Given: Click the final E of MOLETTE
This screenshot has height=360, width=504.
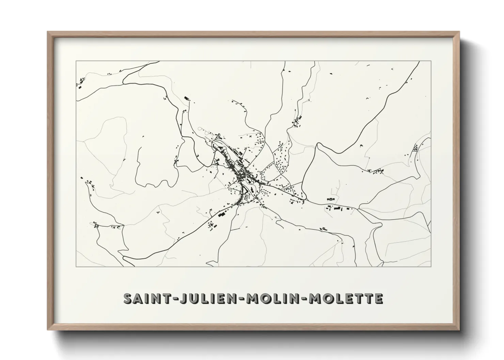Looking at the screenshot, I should [x=379, y=298].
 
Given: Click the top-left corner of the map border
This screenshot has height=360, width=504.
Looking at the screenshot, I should [x=76, y=61].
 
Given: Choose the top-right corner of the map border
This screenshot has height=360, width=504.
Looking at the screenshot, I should [x=431, y=61].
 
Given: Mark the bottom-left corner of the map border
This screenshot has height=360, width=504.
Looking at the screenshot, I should [x=76, y=267].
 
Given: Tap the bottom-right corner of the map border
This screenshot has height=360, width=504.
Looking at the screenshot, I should [x=431, y=267].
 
